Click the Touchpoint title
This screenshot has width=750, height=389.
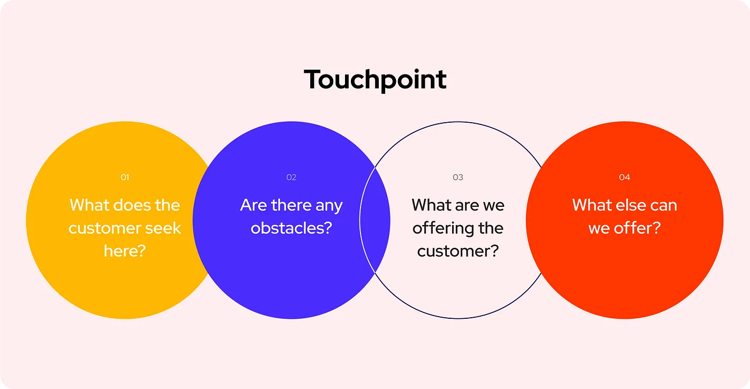(375, 80)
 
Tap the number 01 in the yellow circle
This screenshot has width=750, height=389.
(125, 177)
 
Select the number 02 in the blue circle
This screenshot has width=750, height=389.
(291, 177)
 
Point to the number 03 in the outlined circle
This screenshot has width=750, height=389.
(458, 177)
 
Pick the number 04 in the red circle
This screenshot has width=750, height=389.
(625, 177)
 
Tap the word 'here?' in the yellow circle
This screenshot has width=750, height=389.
(125, 251)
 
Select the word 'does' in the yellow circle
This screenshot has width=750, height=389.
(132, 205)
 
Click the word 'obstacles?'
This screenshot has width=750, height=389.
(291, 228)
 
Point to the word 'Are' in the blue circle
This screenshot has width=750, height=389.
(254, 205)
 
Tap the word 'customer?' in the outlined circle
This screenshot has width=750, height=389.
(458, 251)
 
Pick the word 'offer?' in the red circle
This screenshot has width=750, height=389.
(637, 228)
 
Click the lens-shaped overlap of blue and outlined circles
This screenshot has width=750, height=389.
(375, 220)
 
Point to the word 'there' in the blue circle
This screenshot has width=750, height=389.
(292, 205)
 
